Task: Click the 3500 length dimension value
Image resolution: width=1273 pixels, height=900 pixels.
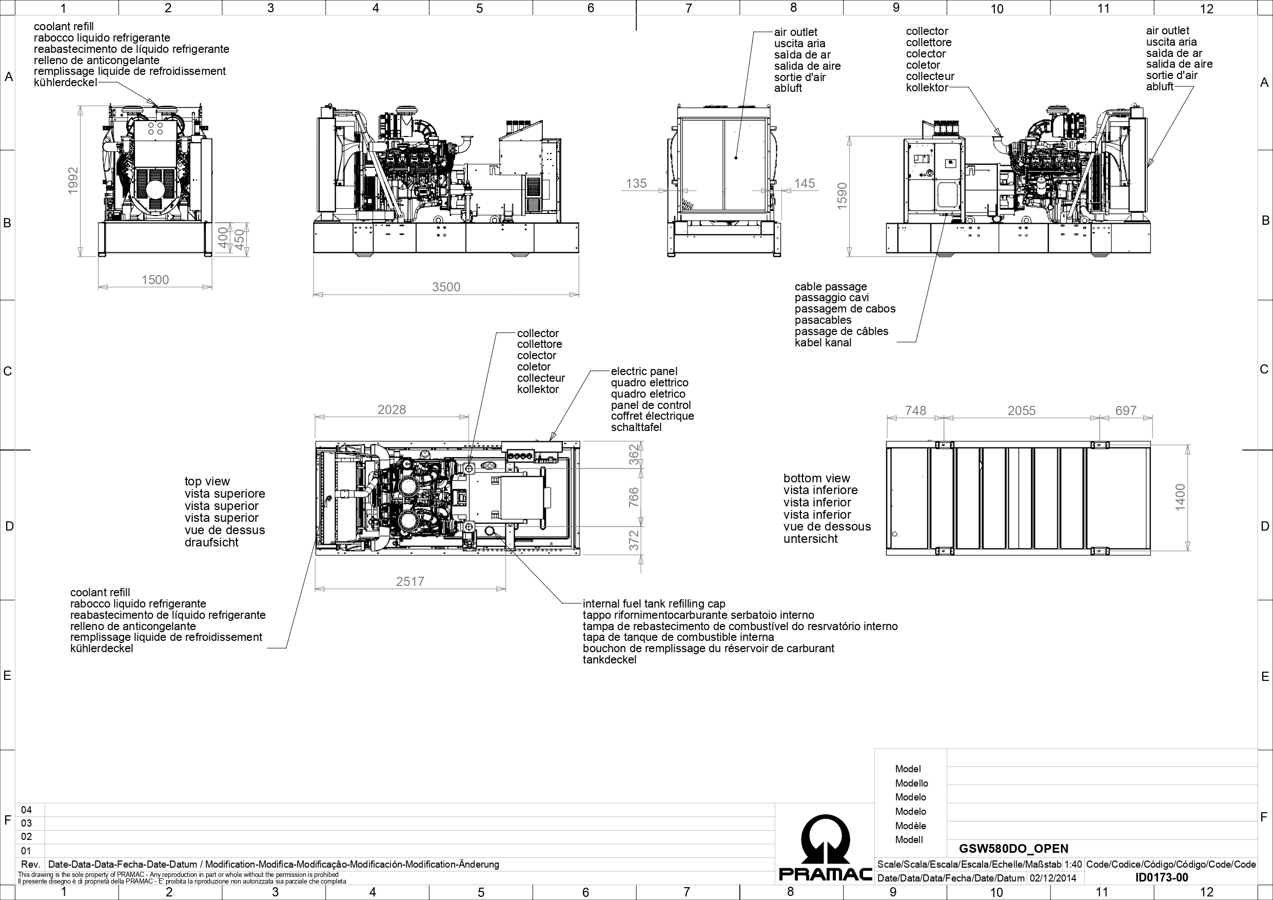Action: tap(446, 287)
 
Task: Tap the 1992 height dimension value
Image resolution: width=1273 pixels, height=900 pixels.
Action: tap(73, 181)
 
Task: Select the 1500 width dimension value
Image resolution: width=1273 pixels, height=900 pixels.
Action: tap(155, 280)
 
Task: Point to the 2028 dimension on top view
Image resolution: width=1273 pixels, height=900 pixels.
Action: tap(391, 409)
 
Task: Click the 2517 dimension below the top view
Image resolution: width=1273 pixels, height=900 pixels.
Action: tap(410, 581)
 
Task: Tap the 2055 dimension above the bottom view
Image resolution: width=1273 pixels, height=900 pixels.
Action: tap(1021, 410)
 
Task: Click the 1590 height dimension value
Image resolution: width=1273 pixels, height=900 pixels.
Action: tap(841, 195)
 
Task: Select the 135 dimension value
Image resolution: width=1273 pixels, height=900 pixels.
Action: tap(636, 183)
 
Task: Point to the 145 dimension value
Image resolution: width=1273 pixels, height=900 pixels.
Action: tap(805, 183)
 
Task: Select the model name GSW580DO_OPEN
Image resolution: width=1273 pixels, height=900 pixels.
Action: tap(1013, 848)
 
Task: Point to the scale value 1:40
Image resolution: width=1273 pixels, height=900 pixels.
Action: tap(1073, 864)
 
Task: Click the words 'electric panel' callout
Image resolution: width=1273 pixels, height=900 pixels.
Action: tap(644, 371)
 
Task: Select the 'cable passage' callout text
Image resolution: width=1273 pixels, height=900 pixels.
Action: tap(831, 287)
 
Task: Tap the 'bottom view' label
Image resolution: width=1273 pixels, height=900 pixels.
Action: tap(817, 478)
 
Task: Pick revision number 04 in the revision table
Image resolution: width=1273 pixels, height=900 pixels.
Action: tap(26, 810)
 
